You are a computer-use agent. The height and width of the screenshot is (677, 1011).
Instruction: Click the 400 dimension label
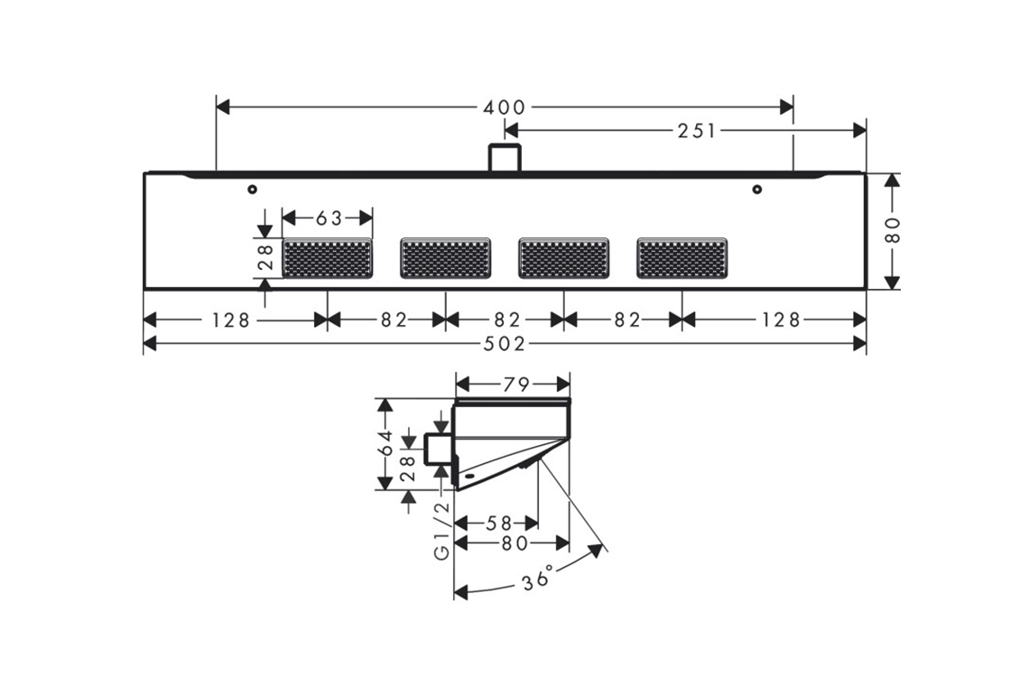click(x=505, y=107)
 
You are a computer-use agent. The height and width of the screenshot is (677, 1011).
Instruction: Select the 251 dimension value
click(x=696, y=131)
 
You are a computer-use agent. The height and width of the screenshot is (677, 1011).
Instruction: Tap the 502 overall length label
click(x=505, y=344)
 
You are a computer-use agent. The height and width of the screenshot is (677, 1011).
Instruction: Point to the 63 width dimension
click(x=329, y=218)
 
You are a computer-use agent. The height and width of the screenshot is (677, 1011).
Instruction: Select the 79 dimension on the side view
click(x=515, y=385)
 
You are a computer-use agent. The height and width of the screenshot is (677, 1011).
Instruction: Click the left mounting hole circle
click(x=252, y=189)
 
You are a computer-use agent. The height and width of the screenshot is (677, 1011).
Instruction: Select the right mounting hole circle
click(x=757, y=189)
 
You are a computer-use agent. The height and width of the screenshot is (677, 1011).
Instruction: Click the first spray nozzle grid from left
click(x=328, y=258)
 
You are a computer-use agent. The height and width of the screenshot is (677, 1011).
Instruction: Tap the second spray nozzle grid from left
click(x=446, y=258)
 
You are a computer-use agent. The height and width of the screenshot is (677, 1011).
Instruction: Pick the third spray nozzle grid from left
click(x=564, y=258)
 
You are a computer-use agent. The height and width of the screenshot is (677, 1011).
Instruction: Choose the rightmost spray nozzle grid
click(x=682, y=258)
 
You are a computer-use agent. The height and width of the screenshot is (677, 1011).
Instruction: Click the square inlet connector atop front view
click(x=505, y=158)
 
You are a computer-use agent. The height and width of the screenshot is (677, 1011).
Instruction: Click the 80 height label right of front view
click(x=893, y=230)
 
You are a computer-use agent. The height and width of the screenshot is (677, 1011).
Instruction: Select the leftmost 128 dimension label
click(x=231, y=320)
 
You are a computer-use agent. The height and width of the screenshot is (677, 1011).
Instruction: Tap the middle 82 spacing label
click(x=506, y=320)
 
